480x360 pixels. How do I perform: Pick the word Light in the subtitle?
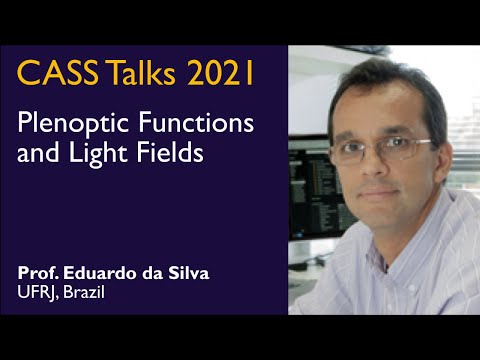click(x=95, y=155)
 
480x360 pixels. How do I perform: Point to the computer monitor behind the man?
click(x=305, y=180)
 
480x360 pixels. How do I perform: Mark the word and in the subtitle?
click(x=39, y=155)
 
